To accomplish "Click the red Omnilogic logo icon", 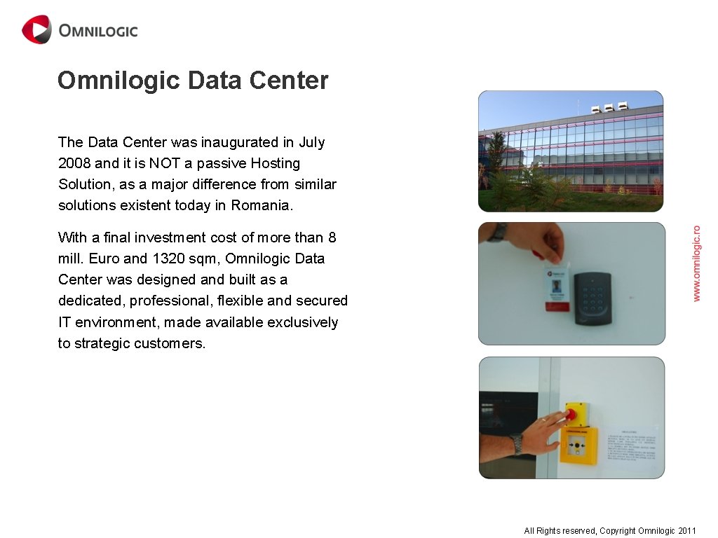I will coord(36,30).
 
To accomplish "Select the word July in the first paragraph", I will coord(312,142).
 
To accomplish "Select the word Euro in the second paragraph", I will coord(104,258).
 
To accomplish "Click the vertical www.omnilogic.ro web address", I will coord(696,263).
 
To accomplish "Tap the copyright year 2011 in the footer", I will coord(687,531).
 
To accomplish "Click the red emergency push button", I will coord(570,414).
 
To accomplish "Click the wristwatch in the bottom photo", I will coord(517,443).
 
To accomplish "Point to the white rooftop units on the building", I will coord(609,109).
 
